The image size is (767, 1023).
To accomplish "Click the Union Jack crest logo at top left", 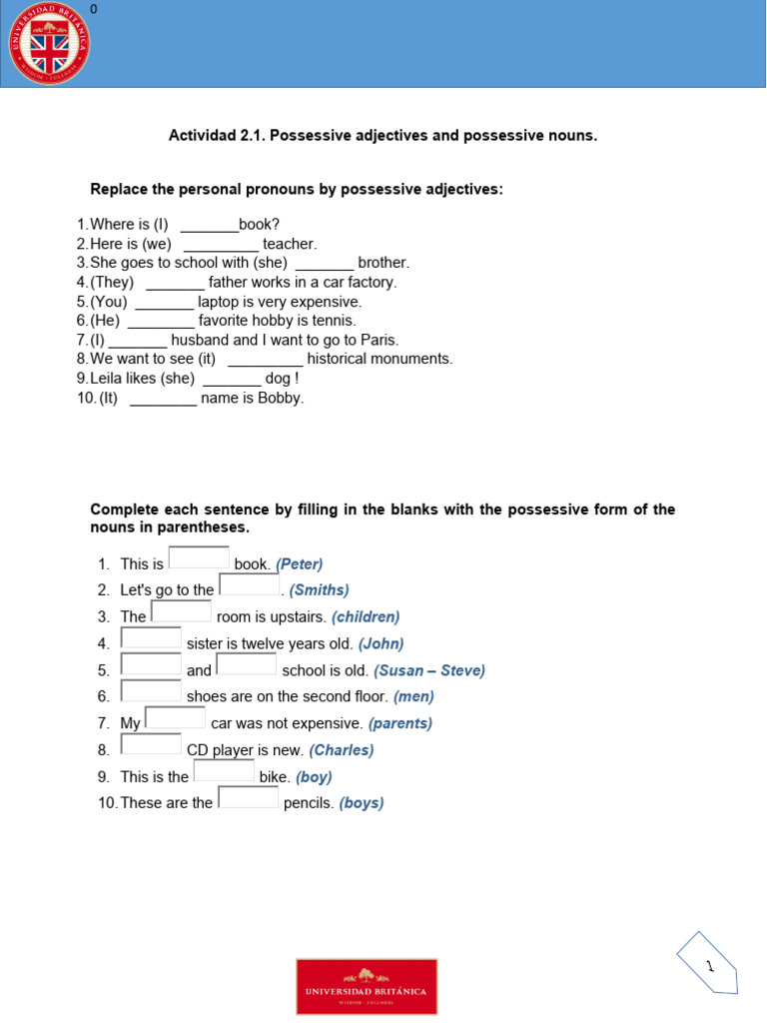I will [x=49, y=44].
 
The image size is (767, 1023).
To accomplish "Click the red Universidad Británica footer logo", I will [x=367, y=986].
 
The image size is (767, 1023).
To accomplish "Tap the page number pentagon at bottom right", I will [x=708, y=964].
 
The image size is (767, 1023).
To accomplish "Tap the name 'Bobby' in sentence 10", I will [x=279, y=398].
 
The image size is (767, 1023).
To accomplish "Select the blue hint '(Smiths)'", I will [x=319, y=590].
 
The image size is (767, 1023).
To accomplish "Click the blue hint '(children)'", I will [x=366, y=617].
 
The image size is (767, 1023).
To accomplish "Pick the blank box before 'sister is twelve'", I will [x=151, y=638].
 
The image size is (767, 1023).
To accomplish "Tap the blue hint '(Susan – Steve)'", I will [x=429, y=670].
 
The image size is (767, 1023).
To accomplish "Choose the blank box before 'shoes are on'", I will [x=151, y=691].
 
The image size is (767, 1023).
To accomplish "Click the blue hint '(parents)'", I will [x=399, y=723].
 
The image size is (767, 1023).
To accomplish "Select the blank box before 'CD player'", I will [x=151, y=744].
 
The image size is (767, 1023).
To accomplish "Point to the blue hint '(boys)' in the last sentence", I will [x=362, y=803].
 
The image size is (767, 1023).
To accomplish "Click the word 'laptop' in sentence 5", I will [x=219, y=302].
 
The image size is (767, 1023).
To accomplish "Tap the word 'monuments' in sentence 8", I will [x=412, y=359].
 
